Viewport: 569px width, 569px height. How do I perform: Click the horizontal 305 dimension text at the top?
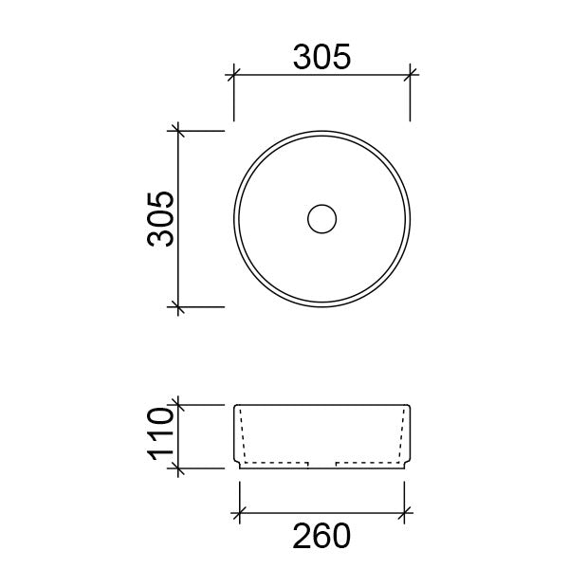coord(321,58)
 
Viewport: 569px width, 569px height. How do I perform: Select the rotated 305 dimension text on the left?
coord(158,218)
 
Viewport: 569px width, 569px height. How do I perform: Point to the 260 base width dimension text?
coord(321,536)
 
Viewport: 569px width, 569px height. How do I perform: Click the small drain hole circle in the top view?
coord(322,218)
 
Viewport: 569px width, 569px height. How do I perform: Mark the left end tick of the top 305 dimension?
coord(234,72)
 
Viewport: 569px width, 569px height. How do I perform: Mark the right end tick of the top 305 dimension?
coord(411,72)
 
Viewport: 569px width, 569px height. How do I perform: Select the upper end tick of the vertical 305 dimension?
coord(175,130)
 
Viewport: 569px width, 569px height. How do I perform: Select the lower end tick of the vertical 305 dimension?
coord(175,306)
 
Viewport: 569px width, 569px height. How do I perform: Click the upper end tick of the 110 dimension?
coord(175,405)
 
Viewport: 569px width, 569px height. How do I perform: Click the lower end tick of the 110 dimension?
coord(175,468)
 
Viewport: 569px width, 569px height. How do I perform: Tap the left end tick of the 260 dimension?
coord(240,514)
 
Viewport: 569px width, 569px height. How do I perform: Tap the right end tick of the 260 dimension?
coord(405,514)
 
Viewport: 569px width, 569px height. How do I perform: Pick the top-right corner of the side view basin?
coord(411,406)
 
